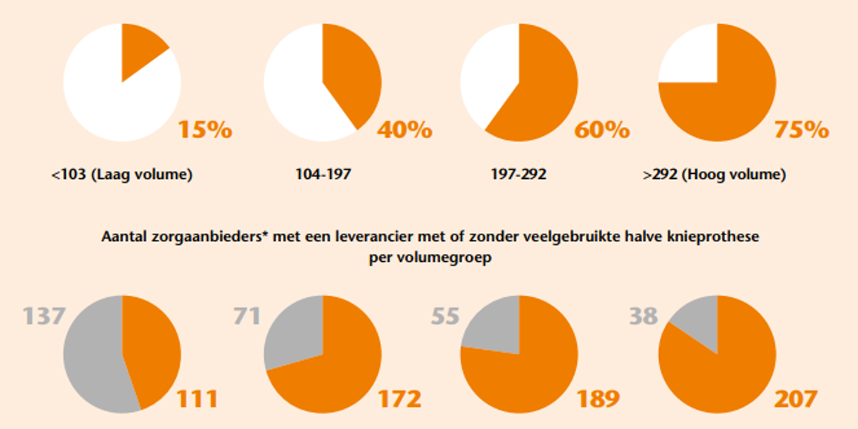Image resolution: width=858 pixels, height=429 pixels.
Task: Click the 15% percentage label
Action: tap(205, 130)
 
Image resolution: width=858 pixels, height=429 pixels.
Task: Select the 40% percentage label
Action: tap(405, 130)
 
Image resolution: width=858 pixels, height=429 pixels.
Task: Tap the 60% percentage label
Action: tap(602, 130)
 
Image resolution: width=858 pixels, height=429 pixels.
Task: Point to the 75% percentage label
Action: tap(802, 130)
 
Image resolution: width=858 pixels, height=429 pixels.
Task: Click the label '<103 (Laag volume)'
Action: tap(122, 175)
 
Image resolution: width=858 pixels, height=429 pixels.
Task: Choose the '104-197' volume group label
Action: tap(323, 175)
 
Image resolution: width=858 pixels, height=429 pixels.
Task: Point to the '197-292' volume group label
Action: tap(518, 175)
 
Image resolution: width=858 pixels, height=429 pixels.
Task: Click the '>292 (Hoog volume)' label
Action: tap(715, 175)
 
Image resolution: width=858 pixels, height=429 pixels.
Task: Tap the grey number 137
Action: tap(45, 317)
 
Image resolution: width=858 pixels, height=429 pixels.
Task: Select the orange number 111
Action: tap(197, 399)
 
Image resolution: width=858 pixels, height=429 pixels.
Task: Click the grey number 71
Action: tap(246, 317)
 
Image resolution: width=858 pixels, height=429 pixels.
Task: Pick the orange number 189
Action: tap(597, 399)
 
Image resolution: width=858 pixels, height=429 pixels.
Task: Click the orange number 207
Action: tap(796, 399)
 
